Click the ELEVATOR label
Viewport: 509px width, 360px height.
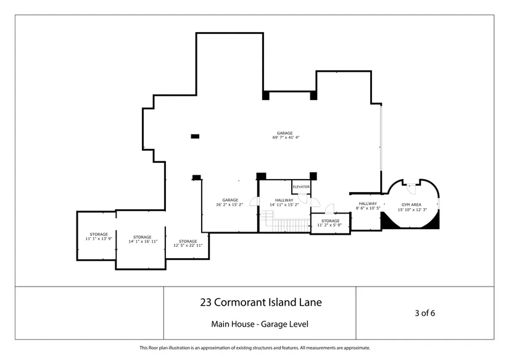301,187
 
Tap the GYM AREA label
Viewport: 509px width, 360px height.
412,204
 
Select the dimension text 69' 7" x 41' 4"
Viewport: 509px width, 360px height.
286,138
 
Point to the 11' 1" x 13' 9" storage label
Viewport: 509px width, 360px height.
99,237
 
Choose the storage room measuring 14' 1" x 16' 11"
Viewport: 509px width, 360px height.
141,240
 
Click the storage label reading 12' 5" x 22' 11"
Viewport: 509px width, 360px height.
188,243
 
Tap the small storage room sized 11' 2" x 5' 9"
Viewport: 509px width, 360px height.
331,223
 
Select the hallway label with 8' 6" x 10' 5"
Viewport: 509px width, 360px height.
368,206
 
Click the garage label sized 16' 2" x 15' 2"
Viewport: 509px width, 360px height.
230,203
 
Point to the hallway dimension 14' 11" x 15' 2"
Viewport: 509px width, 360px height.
284,203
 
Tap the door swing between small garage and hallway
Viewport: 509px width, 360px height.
254,201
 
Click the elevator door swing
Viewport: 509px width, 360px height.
303,198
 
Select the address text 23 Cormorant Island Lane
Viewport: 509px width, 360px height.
261,302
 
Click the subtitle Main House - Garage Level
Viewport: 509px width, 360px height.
260,324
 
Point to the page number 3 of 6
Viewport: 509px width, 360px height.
425,313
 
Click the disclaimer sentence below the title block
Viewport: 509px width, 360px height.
255,348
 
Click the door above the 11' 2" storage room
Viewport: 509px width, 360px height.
329,209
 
